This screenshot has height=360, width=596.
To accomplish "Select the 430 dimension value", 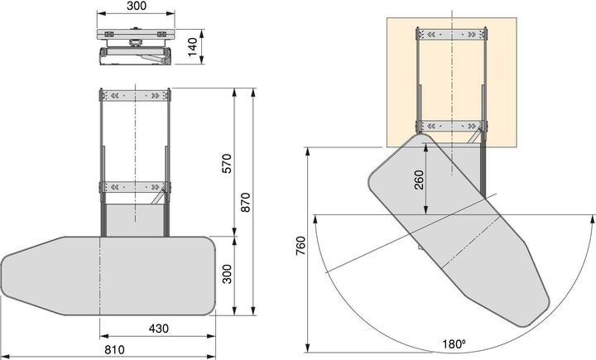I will click(159, 329).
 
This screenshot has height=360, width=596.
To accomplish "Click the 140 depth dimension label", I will click(193, 46).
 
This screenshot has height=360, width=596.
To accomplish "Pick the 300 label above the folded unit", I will click(137, 7).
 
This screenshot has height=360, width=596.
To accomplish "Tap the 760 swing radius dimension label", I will click(300, 248).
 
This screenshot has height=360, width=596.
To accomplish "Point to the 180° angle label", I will click(453, 343).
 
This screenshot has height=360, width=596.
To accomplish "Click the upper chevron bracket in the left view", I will click(136, 96).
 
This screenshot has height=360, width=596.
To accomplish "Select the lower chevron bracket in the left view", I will click(136, 185).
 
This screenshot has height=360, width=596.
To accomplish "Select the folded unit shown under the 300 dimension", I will click(135, 46).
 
